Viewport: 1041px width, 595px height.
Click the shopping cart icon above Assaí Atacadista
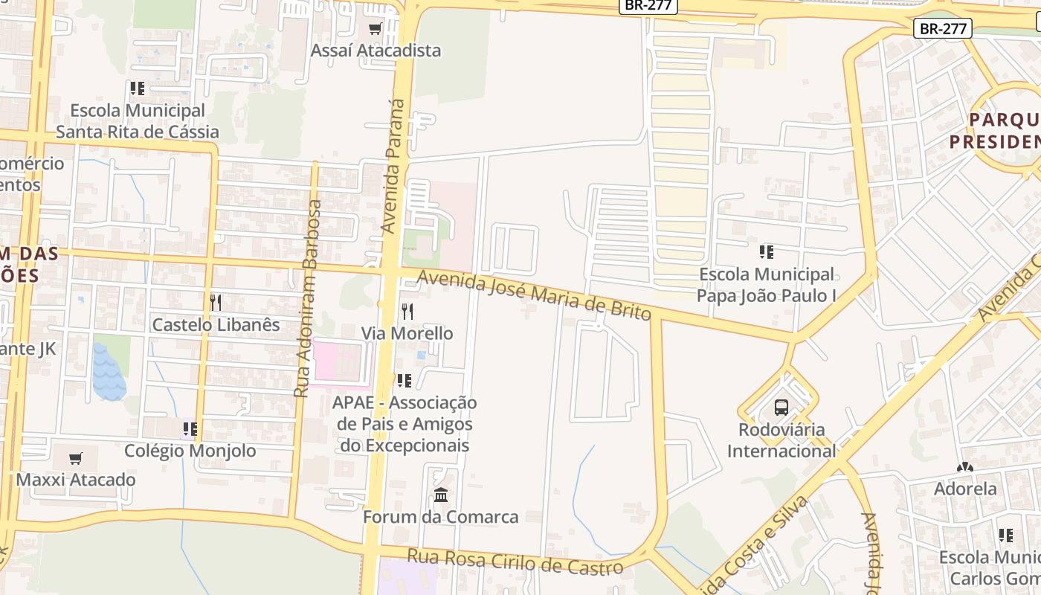[x=375, y=29]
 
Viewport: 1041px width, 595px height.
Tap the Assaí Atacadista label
[x=376, y=51]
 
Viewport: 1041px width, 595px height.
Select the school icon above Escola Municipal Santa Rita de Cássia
[x=138, y=89]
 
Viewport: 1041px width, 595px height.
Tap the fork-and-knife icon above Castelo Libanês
[x=216, y=302]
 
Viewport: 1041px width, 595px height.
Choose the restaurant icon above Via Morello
[x=407, y=311]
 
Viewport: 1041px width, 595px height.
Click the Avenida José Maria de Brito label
[x=534, y=295]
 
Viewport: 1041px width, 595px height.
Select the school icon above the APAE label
[x=405, y=381]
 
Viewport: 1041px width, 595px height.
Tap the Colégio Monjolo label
[x=190, y=451]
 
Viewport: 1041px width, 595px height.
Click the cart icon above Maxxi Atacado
[x=75, y=458]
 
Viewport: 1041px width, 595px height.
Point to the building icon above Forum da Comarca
[x=441, y=495]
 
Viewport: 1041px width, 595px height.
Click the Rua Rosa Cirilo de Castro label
[x=515, y=562]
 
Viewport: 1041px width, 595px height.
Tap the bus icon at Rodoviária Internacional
[x=781, y=408]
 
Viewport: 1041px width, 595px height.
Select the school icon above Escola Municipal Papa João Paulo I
[x=767, y=252]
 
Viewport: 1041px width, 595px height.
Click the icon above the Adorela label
[x=965, y=468]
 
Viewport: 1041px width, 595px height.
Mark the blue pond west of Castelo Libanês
[x=109, y=372]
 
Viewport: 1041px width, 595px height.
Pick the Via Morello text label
[x=407, y=333]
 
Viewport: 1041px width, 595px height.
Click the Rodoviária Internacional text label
[x=781, y=440]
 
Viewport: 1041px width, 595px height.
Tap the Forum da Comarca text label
[x=440, y=517]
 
